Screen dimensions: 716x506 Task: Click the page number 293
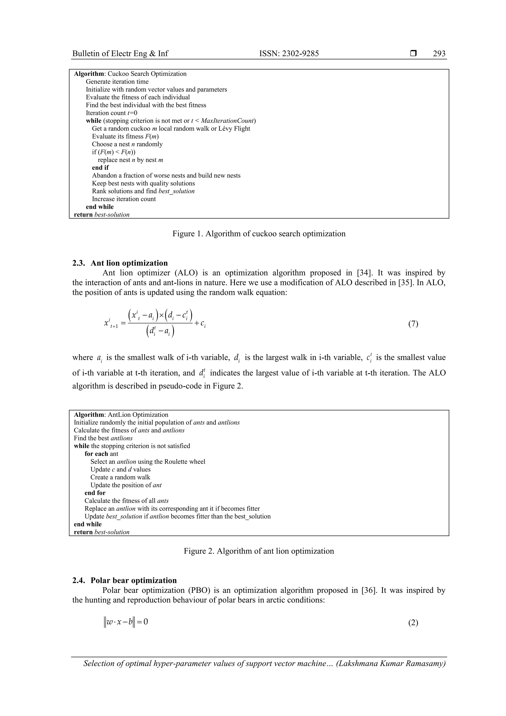pyautogui.click(x=439, y=54)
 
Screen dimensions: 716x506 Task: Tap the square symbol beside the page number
pyautogui.click(x=413, y=53)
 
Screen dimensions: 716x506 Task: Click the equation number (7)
pyautogui.click(x=413, y=324)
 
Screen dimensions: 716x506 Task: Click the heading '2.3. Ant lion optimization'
pyautogui.click(x=120, y=263)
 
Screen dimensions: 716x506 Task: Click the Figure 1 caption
pyautogui.click(x=259, y=234)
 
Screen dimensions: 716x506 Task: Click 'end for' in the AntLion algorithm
pyautogui.click(x=95, y=493)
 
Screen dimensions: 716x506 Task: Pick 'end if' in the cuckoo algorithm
pyautogui.click(x=100, y=168)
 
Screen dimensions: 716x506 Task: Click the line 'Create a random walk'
pyautogui.click(x=120, y=477)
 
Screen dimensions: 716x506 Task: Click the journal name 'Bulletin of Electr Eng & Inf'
pyautogui.click(x=120, y=54)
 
